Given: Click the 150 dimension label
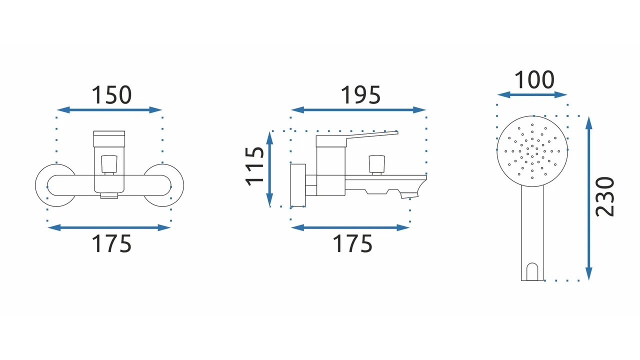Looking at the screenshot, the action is point(111,95).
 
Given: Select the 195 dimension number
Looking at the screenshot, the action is point(360,95).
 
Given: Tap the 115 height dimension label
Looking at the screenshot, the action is point(254,166).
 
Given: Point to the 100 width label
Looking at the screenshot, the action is point(534,80).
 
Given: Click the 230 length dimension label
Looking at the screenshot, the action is point(604,197).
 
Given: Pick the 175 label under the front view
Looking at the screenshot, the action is point(111,243).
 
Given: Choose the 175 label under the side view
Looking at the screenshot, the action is point(352,243).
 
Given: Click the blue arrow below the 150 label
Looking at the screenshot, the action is point(109,109).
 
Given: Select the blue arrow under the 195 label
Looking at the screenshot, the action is point(358,109).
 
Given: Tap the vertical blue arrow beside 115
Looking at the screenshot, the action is point(269,169).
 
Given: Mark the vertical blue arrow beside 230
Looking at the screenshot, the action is point(589,198).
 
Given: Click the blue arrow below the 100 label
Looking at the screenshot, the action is point(532,94).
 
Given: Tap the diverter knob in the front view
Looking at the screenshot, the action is point(109,164).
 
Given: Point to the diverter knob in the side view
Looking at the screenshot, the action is point(376,164).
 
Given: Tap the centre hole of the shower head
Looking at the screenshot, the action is point(532,151).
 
